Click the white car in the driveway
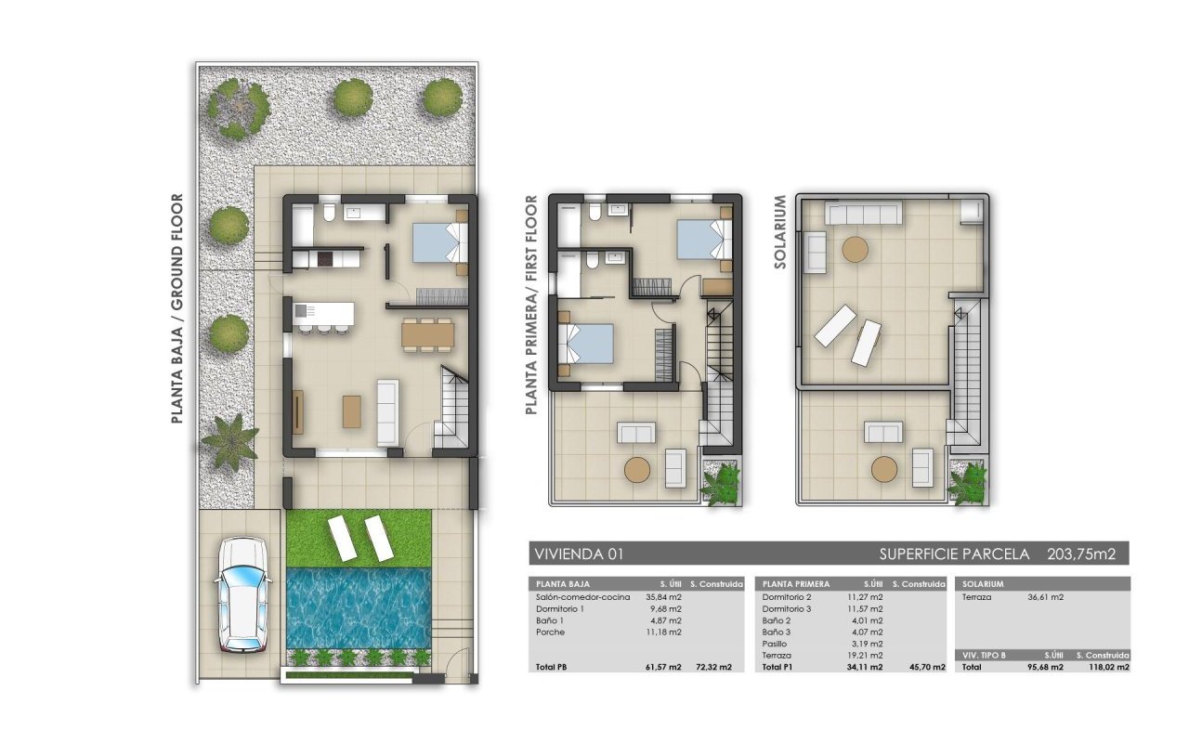click(x=243, y=595)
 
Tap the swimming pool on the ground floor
click(x=359, y=608)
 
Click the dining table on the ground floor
click(x=428, y=335)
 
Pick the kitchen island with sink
click(x=324, y=314)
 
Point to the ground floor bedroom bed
click(x=440, y=242)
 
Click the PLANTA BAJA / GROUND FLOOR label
click(x=177, y=308)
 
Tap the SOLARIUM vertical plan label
click(x=779, y=232)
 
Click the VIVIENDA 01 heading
click(x=579, y=554)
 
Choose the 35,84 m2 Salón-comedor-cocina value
click(x=663, y=597)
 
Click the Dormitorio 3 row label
click(x=787, y=608)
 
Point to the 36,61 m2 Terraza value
click(x=1046, y=597)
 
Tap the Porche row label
click(x=551, y=632)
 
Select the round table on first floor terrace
click(x=637, y=469)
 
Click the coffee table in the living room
click(x=352, y=411)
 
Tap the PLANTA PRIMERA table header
click(x=796, y=584)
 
